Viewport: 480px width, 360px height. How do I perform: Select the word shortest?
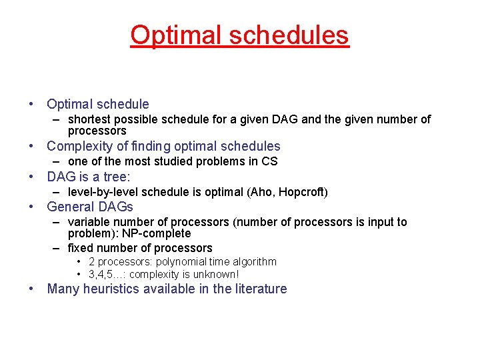point(90,119)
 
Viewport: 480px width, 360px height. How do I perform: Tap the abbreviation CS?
point(269,161)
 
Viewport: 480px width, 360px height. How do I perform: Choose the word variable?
point(89,222)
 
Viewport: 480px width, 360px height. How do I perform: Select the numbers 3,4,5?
point(103,274)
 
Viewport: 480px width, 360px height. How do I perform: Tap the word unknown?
point(215,274)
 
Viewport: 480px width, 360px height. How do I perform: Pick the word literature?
point(259,289)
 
